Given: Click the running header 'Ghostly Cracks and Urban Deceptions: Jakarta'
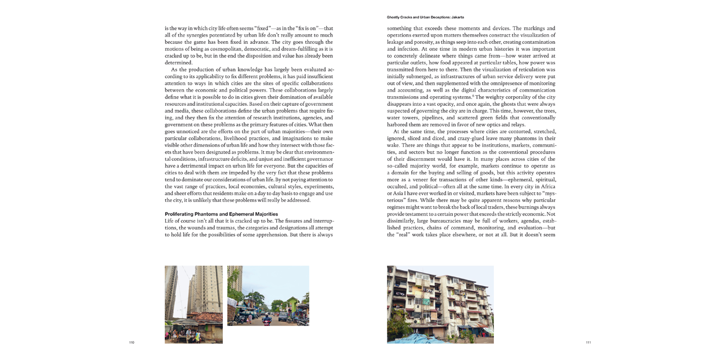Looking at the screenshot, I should pyautogui.click(x=425, y=17).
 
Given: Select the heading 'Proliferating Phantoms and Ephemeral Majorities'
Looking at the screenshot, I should pyautogui.click(x=221, y=214).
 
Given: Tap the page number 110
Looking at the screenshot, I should pyautogui.click(x=132, y=343).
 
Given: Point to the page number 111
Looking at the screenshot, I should pyautogui.click(x=588, y=343).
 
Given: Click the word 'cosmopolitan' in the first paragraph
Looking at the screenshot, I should pyautogui.click(x=231, y=49).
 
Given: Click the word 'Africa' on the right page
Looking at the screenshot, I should pyautogui.click(x=547, y=186).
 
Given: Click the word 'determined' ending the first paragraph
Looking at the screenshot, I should pyautogui.click(x=178, y=62).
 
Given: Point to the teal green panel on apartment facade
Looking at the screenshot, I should pyautogui.click(x=426, y=302).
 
